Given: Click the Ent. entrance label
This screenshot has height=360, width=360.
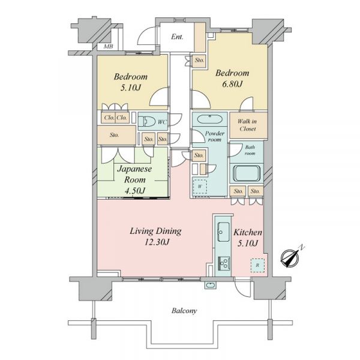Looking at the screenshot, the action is (x=177, y=37).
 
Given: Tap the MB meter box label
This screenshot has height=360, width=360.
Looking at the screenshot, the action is (x=109, y=46).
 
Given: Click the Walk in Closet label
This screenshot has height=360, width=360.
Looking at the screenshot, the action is (x=247, y=125).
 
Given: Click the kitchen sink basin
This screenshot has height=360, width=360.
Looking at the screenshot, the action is (x=223, y=232).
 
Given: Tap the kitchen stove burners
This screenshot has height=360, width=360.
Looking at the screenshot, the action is (x=224, y=263).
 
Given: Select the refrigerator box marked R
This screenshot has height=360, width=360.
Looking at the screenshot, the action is (x=257, y=265).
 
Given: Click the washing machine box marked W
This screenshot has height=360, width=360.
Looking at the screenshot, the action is (x=200, y=187).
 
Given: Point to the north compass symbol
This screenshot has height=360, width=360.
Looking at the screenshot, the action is (x=290, y=258).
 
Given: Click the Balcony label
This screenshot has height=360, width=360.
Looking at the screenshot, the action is (x=184, y=311).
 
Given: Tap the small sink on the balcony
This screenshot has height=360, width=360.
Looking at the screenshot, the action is (x=210, y=285).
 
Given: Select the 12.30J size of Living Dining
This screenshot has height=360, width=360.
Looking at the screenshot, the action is (x=157, y=242).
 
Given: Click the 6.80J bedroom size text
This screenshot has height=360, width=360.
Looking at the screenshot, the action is (x=232, y=84).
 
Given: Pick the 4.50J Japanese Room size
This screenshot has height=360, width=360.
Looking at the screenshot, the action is (x=135, y=191).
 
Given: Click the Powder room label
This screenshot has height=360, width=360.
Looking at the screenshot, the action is (x=214, y=136).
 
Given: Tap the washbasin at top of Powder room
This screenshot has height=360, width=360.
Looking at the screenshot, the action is (x=209, y=119).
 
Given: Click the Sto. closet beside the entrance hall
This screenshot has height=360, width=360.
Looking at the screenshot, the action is (x=199, y=60).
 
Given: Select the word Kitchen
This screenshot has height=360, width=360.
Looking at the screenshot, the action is (x=248, y=232).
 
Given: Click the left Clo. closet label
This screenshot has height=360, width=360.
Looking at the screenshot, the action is (x=109, y=118).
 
